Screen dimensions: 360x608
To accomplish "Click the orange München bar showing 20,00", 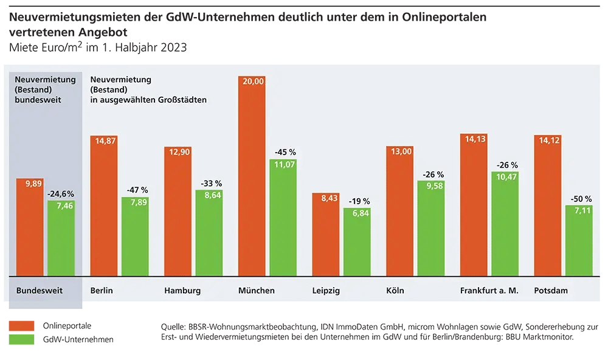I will point(252,176).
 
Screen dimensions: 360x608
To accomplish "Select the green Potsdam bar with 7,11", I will point(579,241).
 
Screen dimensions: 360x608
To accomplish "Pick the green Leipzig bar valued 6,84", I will point(356,242).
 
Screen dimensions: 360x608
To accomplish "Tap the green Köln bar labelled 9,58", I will point(431,227).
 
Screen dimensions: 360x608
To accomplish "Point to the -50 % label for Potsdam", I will point(579,198).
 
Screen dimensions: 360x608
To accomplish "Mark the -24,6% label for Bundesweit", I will point(61,194).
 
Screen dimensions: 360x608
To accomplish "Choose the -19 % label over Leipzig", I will point(357,201).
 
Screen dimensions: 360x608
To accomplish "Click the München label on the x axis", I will point(257,291).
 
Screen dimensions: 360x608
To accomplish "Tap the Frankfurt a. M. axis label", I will point(489,291).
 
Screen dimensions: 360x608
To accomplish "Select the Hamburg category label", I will point(182,291).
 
